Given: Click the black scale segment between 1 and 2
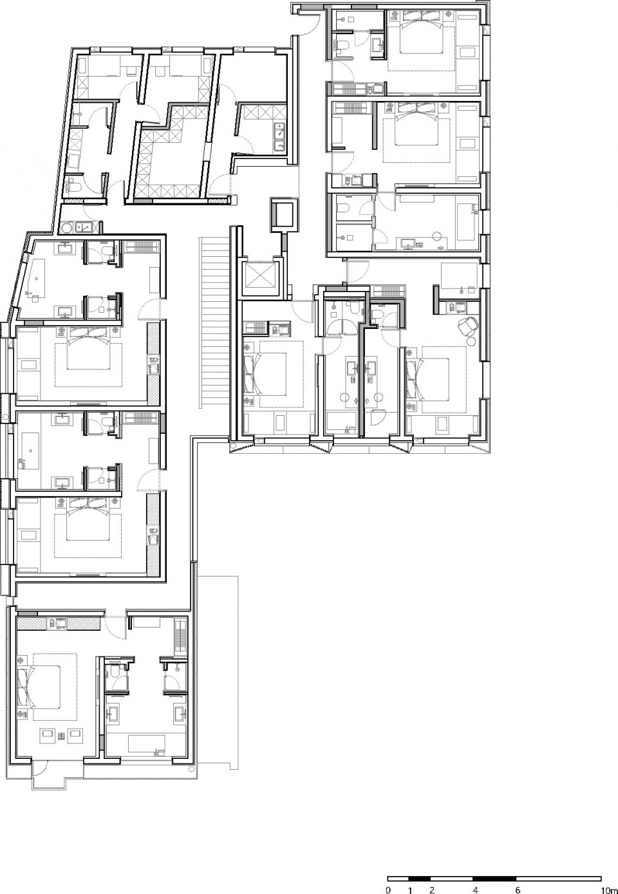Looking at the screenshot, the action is tap(420, 879).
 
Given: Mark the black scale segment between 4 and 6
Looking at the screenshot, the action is tap(494, 879).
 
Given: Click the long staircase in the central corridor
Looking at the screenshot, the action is tap(215, 323).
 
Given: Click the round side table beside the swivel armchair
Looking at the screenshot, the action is tap(471, 340).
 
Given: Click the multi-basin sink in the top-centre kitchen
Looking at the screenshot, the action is tap(279, 138).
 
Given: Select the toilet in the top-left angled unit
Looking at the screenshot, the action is tap(74, 186).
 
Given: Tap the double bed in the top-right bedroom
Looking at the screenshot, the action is tap(422, 38).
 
